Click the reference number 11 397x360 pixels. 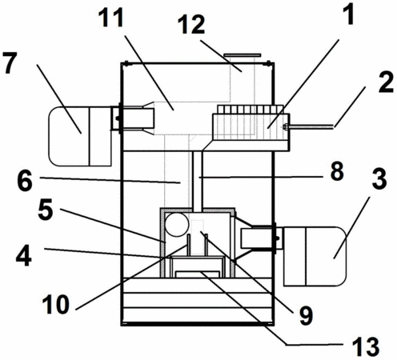point(110,17)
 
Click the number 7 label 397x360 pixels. point(10,62)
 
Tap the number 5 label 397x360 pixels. point(46,210)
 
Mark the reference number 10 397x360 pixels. point(55,304)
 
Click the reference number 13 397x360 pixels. point(366,346)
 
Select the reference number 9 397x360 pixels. point(305,315)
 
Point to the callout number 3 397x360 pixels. point(379,178)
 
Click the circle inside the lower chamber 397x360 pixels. point(177,225)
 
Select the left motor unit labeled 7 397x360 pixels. point(80,136)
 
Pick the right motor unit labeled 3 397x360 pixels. point(315,256)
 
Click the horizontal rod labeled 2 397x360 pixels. point(311,127)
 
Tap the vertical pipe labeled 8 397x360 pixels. point(198,180)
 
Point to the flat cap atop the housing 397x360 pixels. point(242,55)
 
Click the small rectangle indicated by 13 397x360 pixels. point(198,274)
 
